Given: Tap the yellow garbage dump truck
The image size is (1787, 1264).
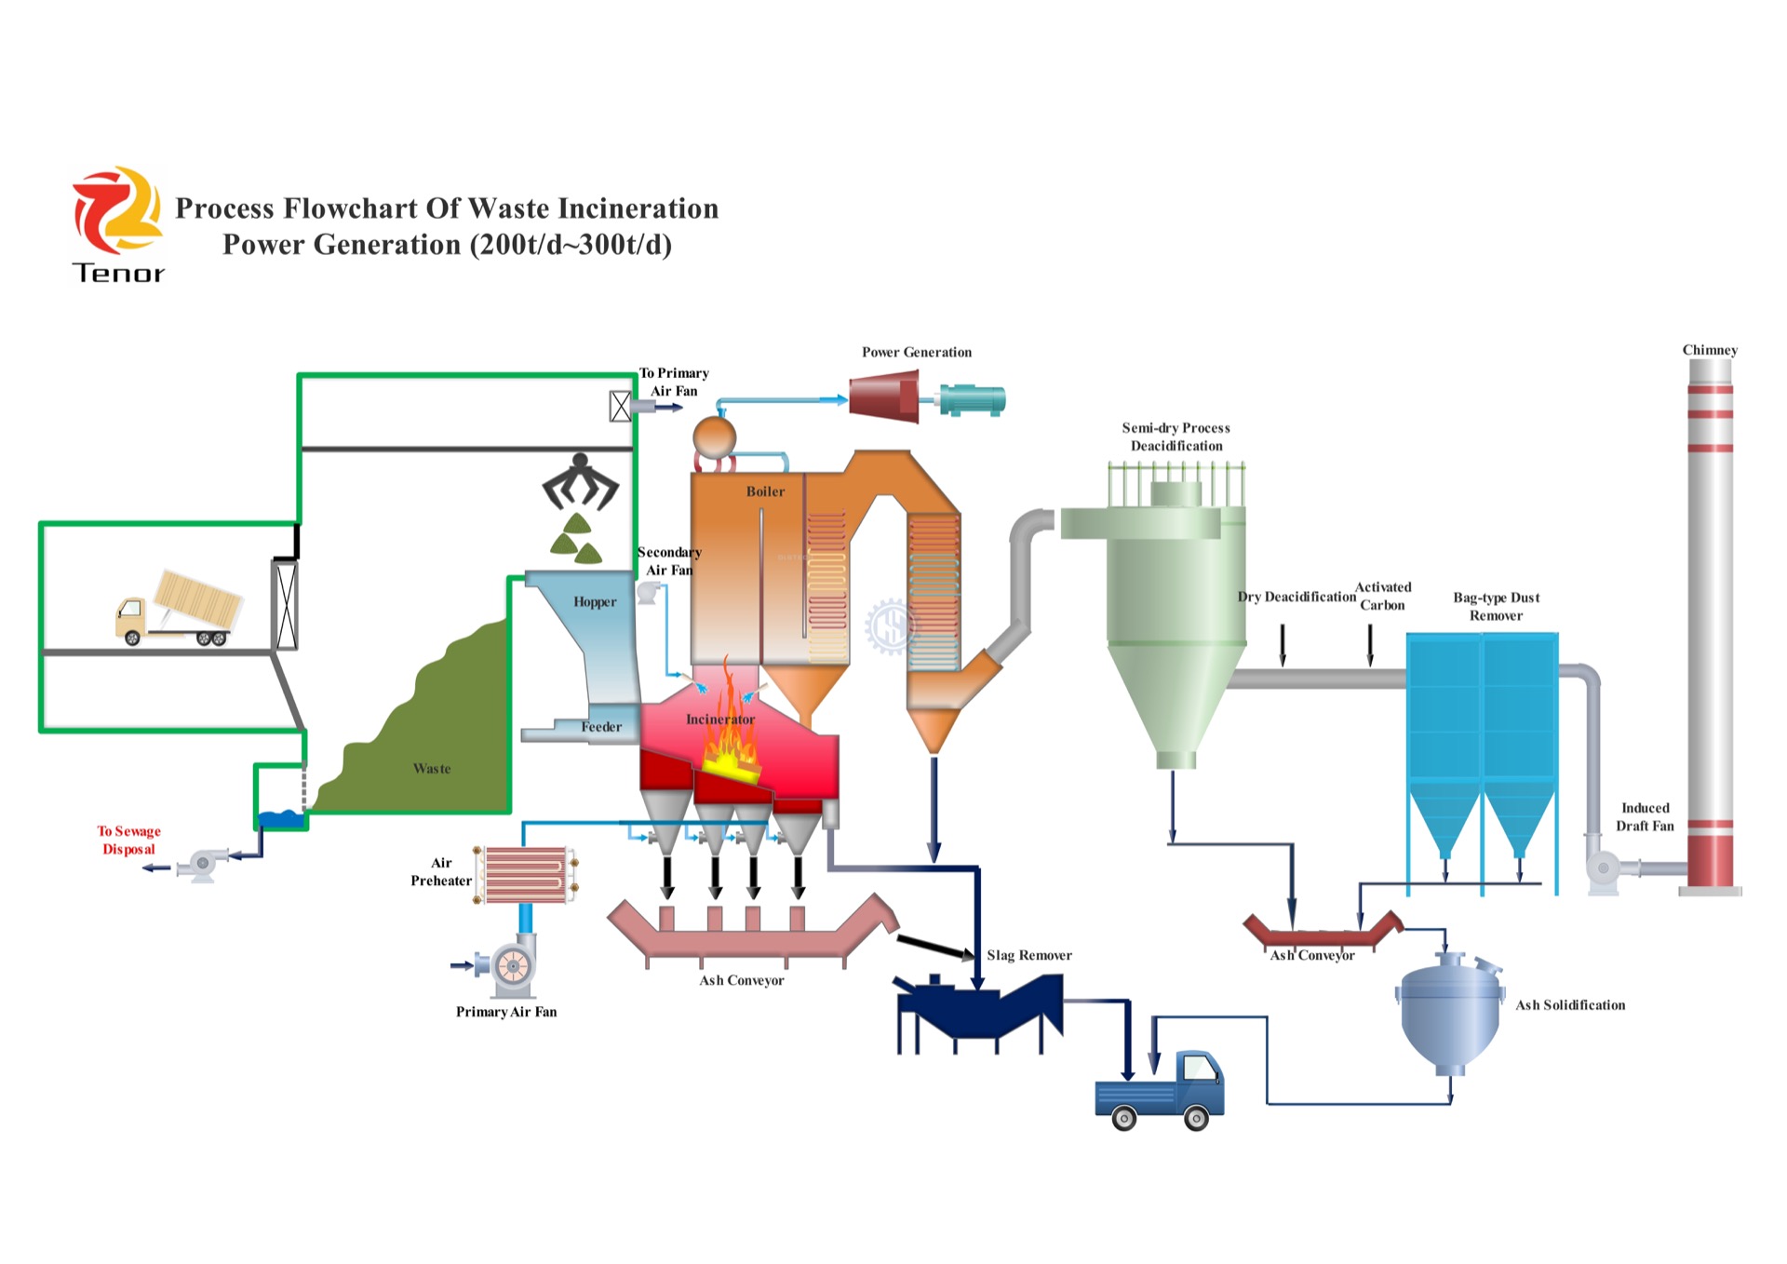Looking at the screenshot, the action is point(179,609).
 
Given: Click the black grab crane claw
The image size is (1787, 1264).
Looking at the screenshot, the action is point(580,481).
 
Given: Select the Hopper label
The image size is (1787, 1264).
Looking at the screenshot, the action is point(595,601).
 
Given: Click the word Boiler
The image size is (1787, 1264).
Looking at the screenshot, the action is point(765,491).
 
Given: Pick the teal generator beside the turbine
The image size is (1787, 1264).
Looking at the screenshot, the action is point(971,400).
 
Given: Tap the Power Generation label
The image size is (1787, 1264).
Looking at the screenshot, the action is point(916,352).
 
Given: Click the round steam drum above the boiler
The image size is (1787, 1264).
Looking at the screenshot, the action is point(714,437).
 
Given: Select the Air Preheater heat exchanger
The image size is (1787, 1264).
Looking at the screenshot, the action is point(525,875).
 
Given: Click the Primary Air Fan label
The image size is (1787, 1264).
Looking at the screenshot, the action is point(506,1012).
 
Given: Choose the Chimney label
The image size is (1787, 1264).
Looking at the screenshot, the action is point(1710,350).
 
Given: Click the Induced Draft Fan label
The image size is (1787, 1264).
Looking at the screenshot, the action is point(1645,816).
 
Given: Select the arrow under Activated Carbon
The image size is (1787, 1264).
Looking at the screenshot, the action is point(1370,645).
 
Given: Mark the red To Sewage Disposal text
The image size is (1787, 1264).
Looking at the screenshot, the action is point(128,840).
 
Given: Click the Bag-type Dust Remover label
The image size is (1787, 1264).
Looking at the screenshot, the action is point(1496,606).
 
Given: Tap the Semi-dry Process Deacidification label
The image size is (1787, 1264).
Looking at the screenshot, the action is point(1176,437).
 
